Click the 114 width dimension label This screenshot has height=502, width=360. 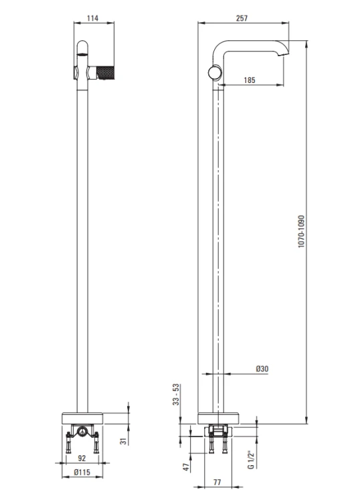coord(92,18)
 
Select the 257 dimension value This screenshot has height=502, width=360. coord(242,18)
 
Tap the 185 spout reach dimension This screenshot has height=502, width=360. coord(250,80)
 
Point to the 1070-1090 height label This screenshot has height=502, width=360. coord(301,231)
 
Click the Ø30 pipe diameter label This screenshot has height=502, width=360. coord(262,369)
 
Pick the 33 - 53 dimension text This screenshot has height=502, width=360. coord(177,394)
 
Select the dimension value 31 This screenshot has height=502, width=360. coord(124,441)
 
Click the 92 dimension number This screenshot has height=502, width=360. coord(82,458)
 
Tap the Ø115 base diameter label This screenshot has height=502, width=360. coord(82,473)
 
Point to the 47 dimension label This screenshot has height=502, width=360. coord(186,467)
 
